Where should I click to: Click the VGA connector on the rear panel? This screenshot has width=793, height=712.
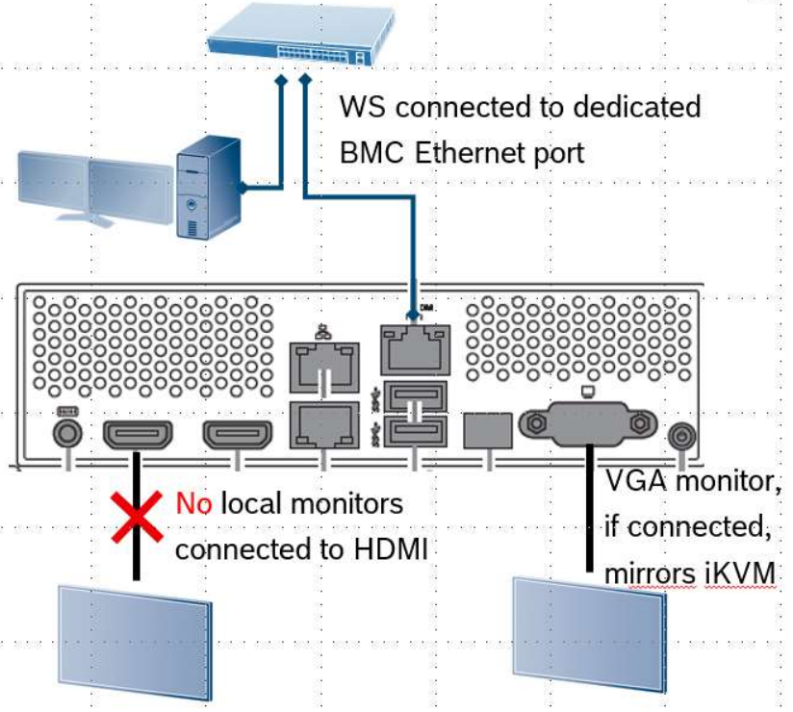[588, 423]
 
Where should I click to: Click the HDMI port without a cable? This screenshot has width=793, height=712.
[237, 435]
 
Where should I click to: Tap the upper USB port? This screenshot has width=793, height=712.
[416, 393]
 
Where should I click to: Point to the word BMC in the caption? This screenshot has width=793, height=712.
[371, 153]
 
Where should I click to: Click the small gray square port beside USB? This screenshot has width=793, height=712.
[488, 430]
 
